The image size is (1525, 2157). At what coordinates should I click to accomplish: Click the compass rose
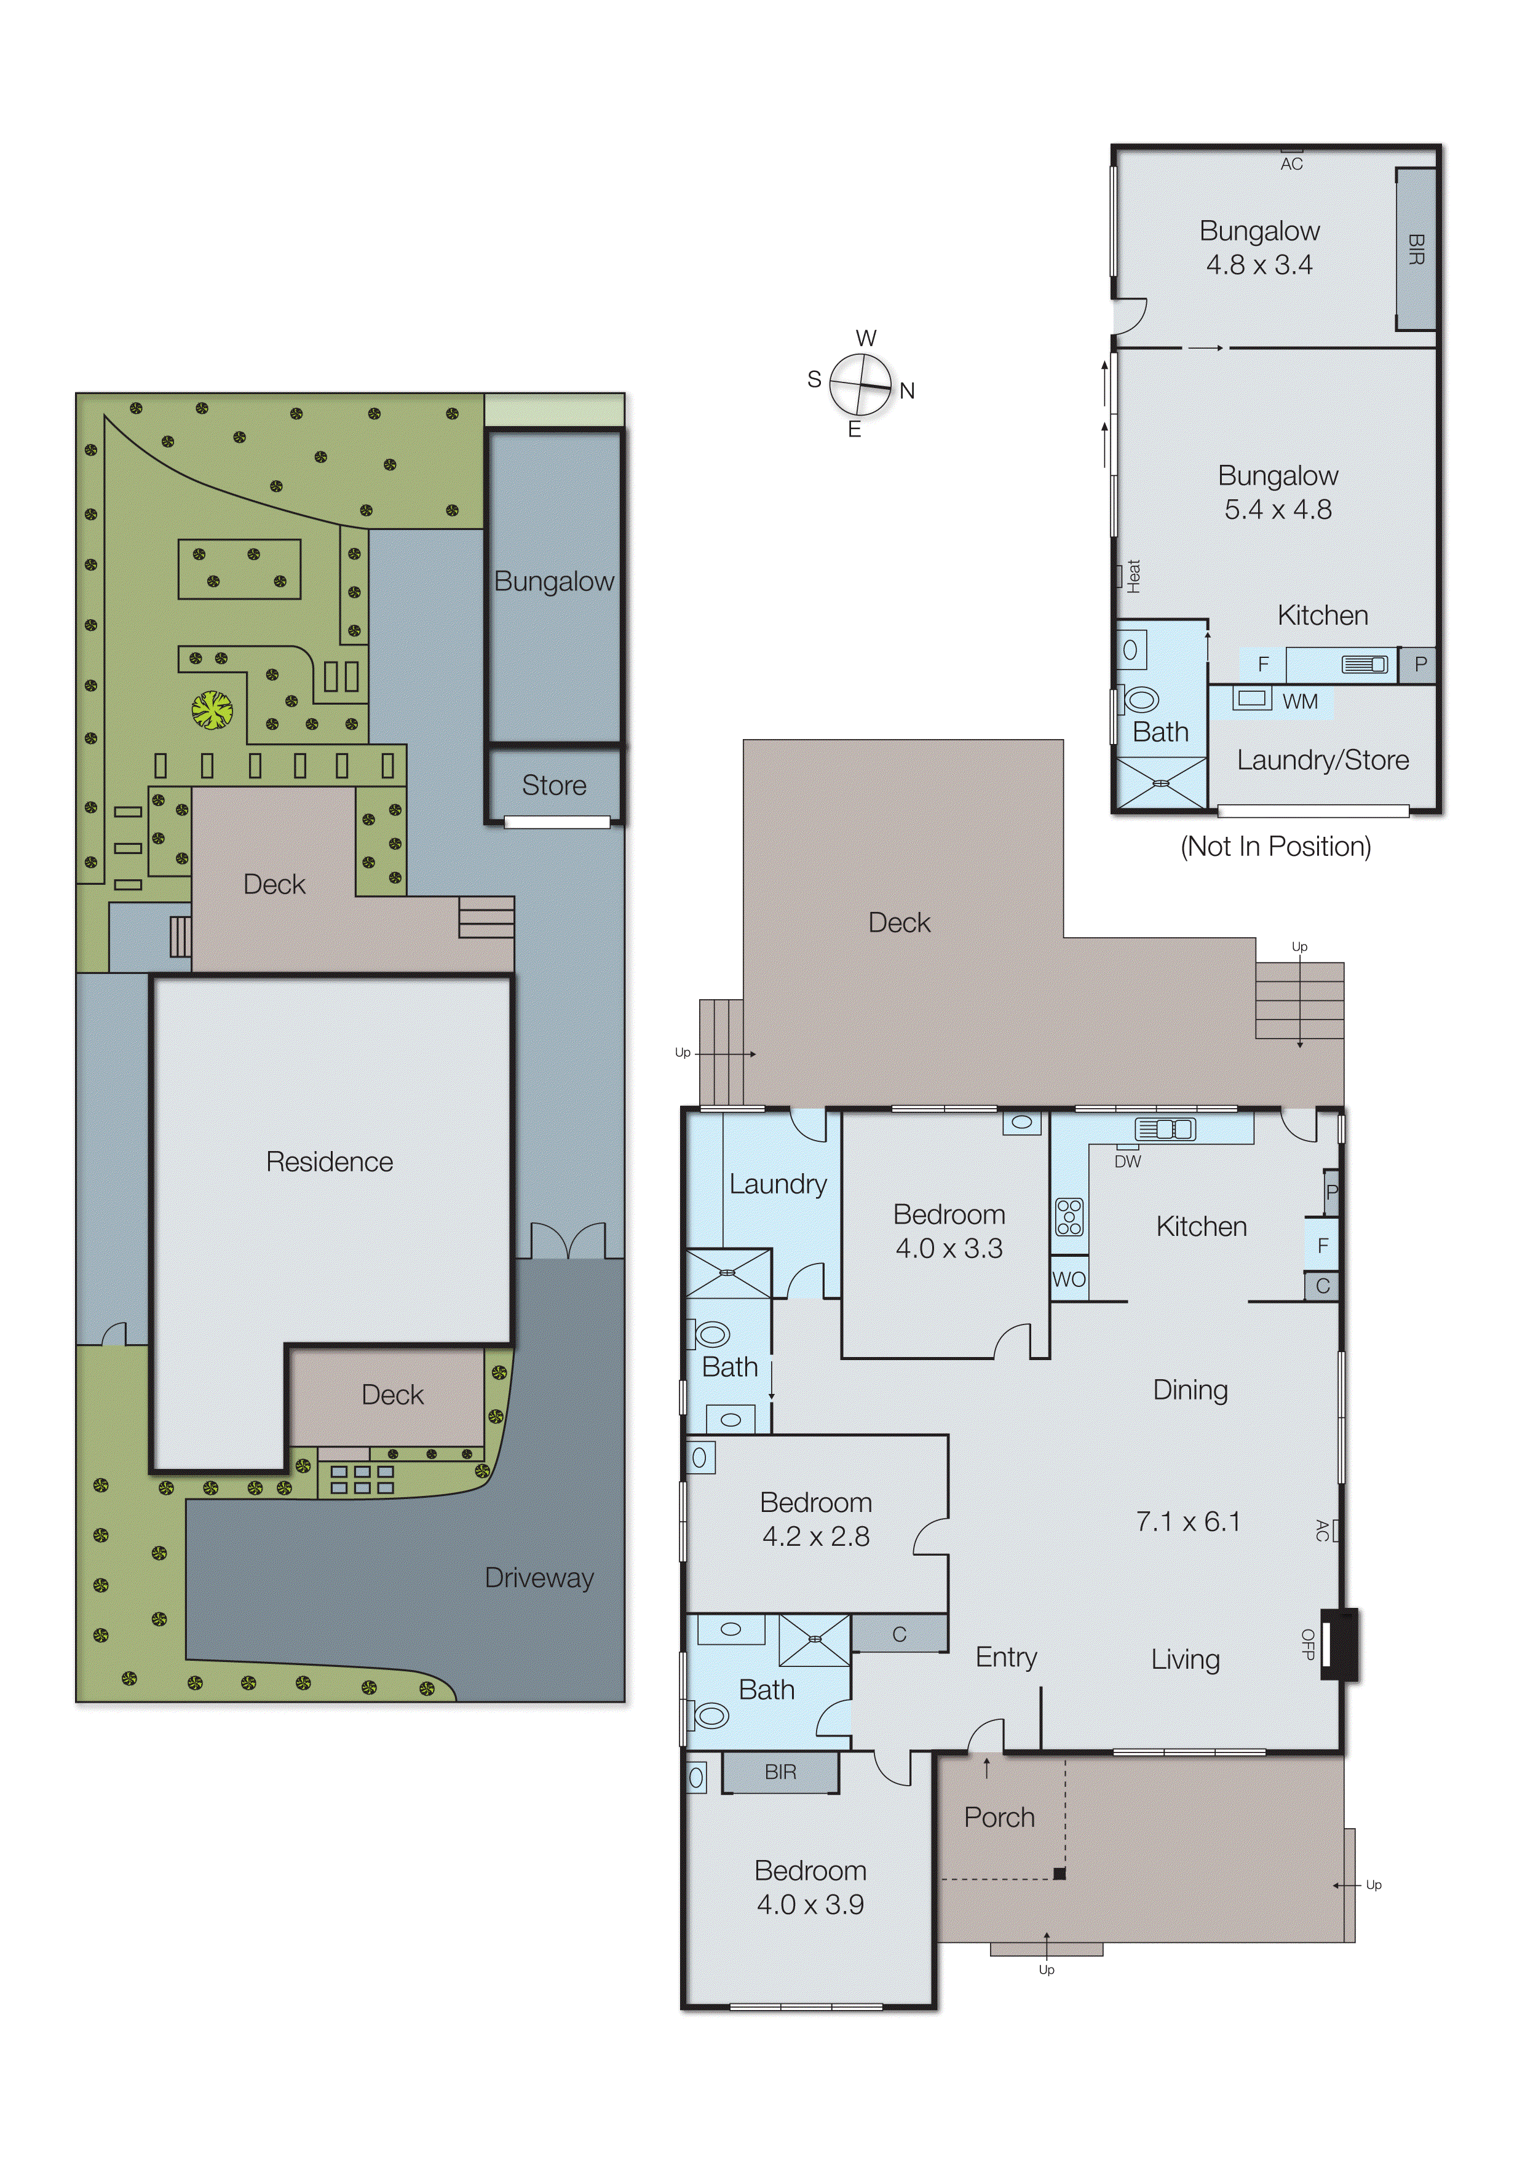pyautogui.click(x=860, y=384)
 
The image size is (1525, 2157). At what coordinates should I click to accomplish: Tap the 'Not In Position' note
pyautogui.click(x=1275, y=847)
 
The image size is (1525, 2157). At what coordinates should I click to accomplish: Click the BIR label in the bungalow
pyautogui.click(x=1415, y=250)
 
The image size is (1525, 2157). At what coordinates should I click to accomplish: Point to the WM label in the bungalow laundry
pyautogui.click(x=1299, y=702)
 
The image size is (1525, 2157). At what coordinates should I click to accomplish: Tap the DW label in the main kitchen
pyautogui.click(x=1128, y=1161)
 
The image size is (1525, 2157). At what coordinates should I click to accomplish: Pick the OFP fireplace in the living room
pyautogui.click(x=1338, y=1644)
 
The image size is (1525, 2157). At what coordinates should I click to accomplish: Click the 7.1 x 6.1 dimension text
pyautogui.click(x=1187, y=1522)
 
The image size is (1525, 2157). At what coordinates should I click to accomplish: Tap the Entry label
pyautogui.click(x=1005, y=1657)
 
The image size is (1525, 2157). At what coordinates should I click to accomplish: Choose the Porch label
pyautogui.click(x=999, y=1818)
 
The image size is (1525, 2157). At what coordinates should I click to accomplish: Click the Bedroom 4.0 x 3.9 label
pyautogui.click(x=810, y=1888)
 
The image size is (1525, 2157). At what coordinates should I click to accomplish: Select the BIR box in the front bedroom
pyautogui.click(x=780, y=1772)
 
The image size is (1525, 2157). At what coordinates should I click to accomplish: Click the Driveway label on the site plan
pyautogui.click(x=539, y=1578)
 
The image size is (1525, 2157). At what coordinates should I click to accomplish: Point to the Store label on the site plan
pyautogui.click(x=553, y=785)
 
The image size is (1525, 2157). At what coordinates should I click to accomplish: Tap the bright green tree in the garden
pyautogui.click(x=212, y=710)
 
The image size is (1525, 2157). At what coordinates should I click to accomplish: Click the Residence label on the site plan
pyautogui.click(x=329, y=1162)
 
